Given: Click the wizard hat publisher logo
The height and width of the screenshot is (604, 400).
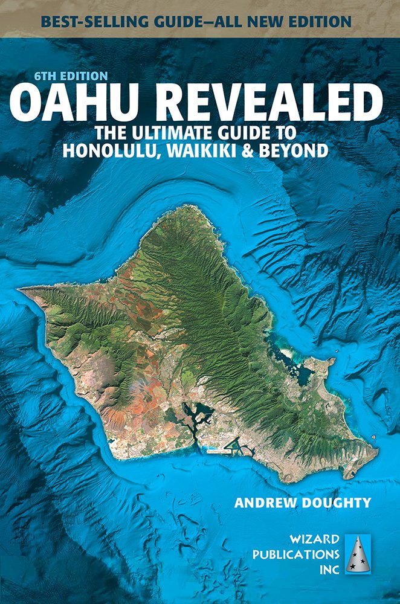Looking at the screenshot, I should (360, 553).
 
